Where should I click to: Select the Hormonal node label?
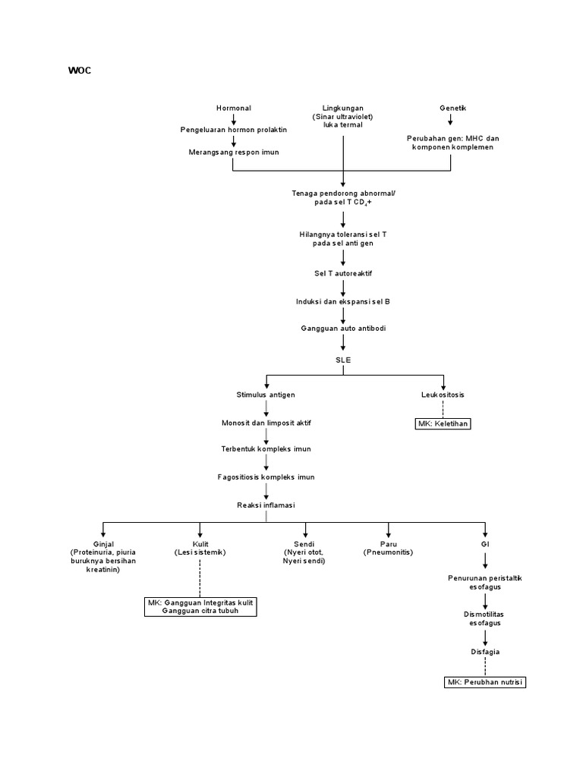click(x=233, y=109)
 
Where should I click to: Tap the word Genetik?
click(x=452, y=109)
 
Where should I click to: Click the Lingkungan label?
click(x=342, y=109)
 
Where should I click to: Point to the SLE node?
click(x=343, y=360)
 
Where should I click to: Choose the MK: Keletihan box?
click(x=443, y=423)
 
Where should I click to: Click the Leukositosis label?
click(x=443, y=395)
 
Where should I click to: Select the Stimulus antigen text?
click(x=266, y=395)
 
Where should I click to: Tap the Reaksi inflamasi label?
click(x=266, y=505)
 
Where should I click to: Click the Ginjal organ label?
click(x=102, y=544)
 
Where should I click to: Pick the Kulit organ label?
click(x=199, y=544)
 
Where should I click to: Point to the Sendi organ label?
click(x=304, y=544)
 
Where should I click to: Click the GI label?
click(x=484, y=544)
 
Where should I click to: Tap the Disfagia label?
click(x=484, y=651)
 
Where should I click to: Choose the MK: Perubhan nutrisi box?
click(x=484, y=682)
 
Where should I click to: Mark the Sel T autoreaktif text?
click(x=343, y=272)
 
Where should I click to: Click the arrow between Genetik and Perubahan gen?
click(x=452, y=121)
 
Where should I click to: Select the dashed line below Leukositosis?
click(x=443, y=408)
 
